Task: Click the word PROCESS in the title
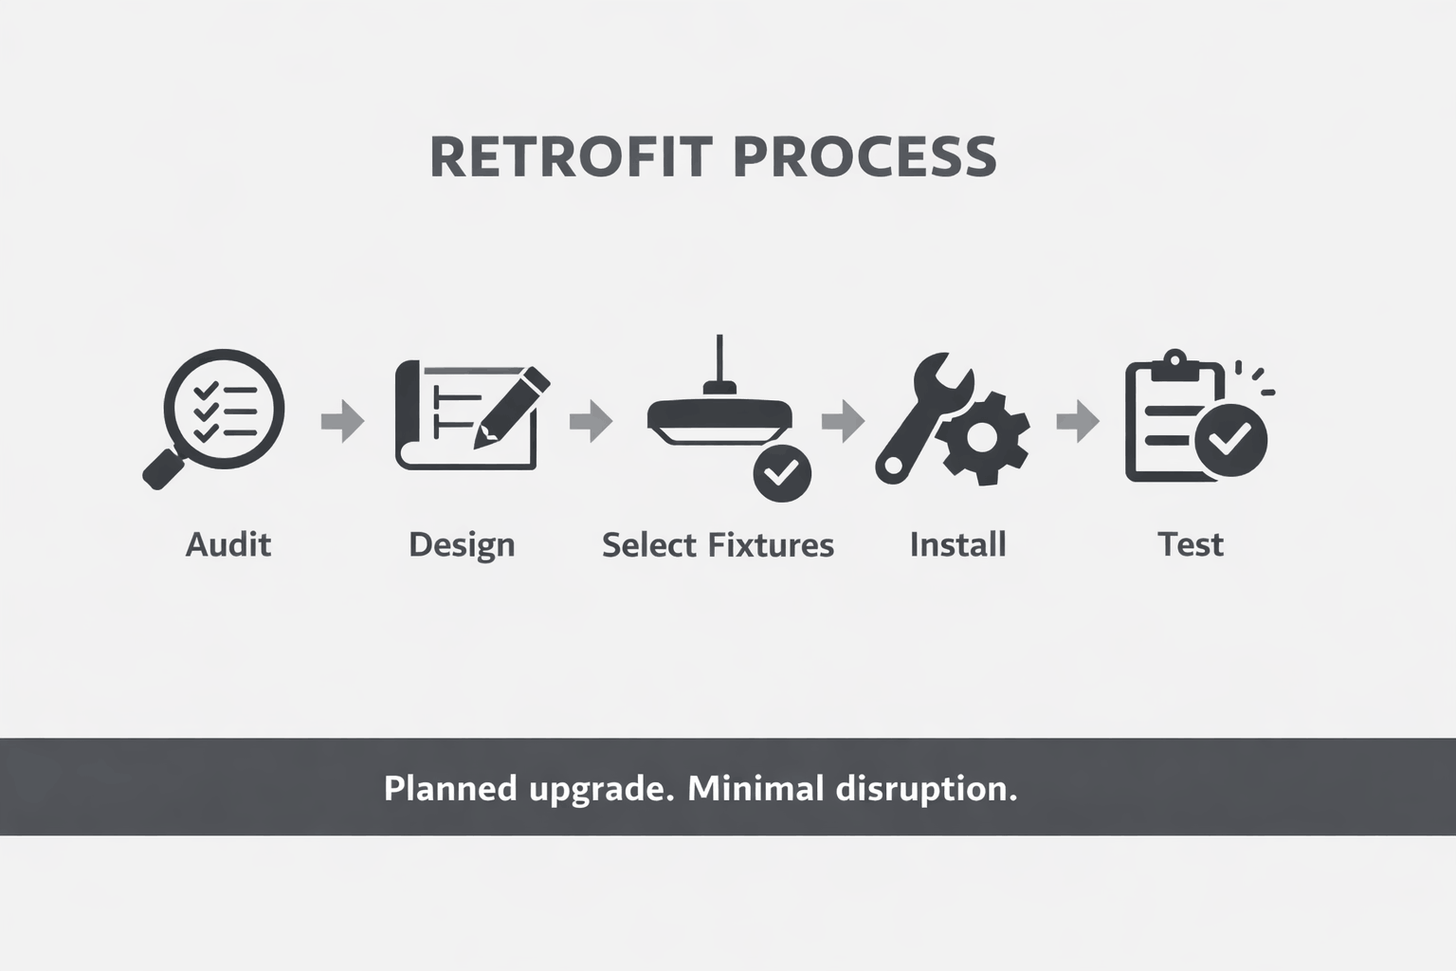(864, 157)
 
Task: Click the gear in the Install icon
(982, 437)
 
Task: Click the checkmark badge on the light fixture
(782, 472)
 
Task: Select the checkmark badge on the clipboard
(1230, 439)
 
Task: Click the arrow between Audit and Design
(342, 420)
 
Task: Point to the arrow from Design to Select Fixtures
(591, 420)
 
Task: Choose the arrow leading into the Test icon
(1078, 420)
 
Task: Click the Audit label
(228, 545)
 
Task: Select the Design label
(462, 545)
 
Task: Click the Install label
(957, 545)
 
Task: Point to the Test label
(1191, 545)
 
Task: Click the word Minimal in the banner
(755, 788)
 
